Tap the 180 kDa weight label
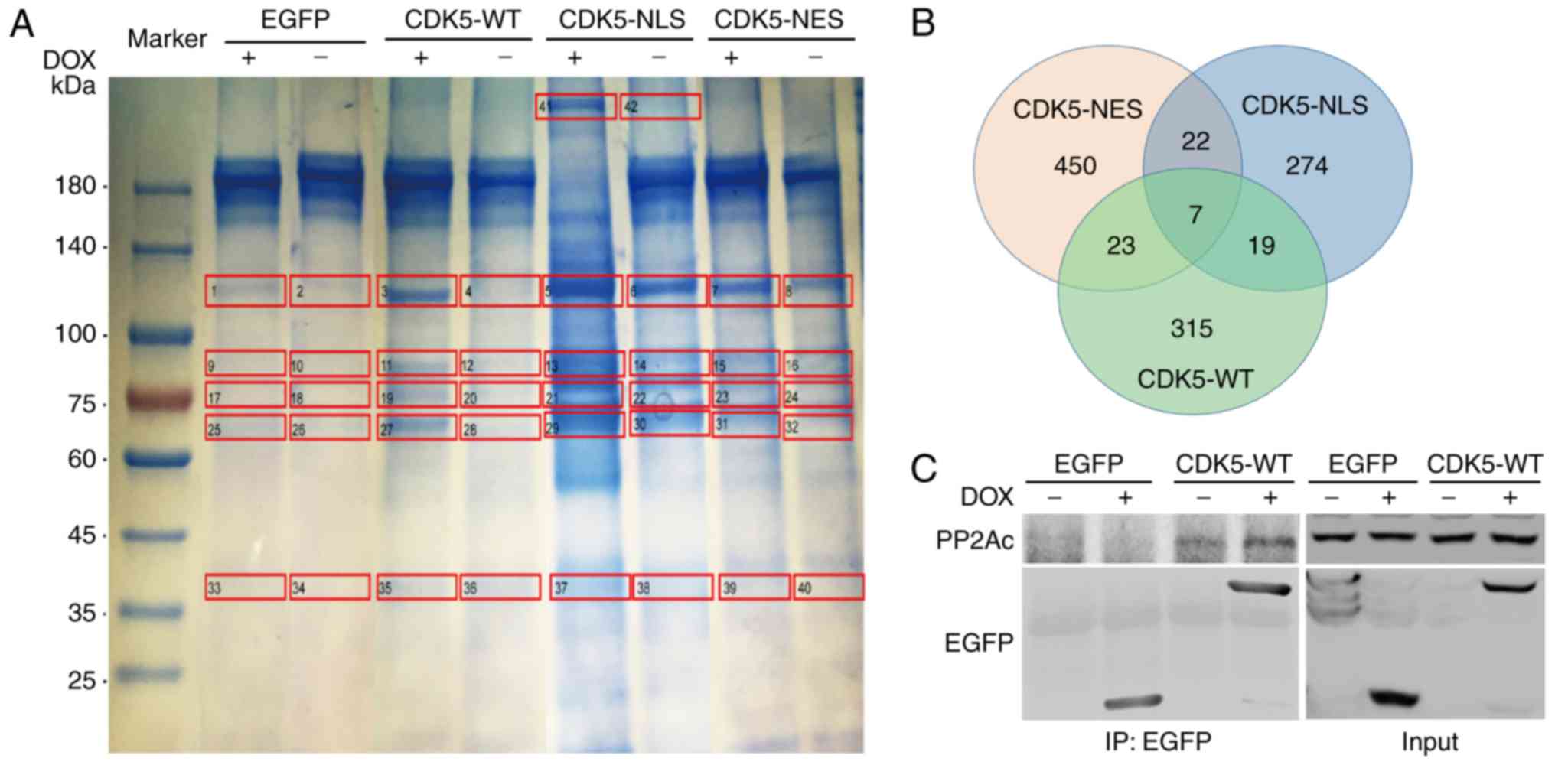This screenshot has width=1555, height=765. [x=75, y=186]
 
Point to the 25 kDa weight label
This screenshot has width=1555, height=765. [x=81, y=680]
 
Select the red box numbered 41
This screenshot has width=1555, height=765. [x=575, y=106]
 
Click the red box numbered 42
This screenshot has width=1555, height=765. [x=660, y=106]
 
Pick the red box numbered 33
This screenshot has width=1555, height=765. [x=245, y=587]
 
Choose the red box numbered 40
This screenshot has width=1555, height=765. [x=829, y=587]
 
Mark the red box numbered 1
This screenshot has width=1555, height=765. [x=245, y=291]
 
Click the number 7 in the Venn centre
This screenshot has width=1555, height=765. [x=1195, y=215]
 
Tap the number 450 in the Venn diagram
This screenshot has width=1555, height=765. [x=1074, y=166]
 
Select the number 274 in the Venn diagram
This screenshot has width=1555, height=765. [x=1306, y=166]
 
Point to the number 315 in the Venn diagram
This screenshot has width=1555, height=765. [x=1192, y=329]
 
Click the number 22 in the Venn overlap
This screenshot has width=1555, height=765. [x=1195, y=142]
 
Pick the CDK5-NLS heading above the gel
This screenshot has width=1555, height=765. [x=621, y=20]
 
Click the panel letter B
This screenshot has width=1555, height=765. [x=923, y=23]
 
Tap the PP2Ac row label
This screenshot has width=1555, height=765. [x=974, y=541]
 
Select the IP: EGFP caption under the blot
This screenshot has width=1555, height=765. [x=1158, y=741]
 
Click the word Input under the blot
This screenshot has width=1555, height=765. [x=1429, y=741]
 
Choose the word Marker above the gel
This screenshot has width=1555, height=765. [x=167, y=38]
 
